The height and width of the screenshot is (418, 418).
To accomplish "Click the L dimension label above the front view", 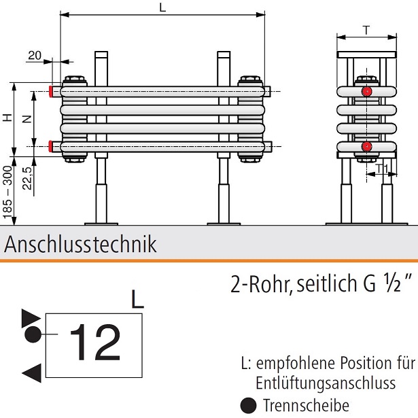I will [162, 7].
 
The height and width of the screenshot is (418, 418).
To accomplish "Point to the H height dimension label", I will [7, 118].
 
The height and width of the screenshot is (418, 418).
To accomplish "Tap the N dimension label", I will [27, 118].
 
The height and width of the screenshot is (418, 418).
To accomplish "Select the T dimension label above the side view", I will [367, 30].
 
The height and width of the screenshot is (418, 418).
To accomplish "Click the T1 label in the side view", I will [381, 167].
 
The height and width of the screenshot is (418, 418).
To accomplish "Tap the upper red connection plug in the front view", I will [52, 90].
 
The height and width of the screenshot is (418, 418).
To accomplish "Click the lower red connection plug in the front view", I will [52, 145].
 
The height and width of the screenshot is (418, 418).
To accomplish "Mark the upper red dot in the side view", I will [367, 91].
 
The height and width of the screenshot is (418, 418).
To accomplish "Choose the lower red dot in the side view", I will [367, 146].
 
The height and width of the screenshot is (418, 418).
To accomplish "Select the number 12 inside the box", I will [96, 342].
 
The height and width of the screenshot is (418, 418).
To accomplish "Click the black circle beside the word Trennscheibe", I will [250, 406].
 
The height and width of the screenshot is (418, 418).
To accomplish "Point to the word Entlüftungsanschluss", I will [326, 383].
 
